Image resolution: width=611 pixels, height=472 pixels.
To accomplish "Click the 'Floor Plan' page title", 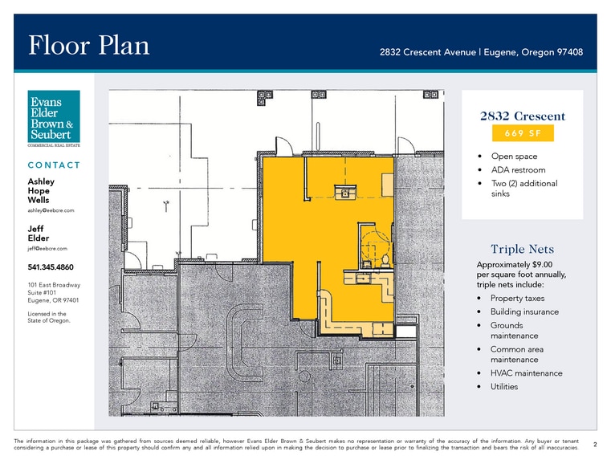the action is (89, 45).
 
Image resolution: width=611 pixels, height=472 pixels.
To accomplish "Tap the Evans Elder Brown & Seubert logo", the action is (54, 118).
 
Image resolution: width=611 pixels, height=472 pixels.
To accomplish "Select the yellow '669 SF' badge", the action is (523, 133).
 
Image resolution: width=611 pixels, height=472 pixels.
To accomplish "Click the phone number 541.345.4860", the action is (51, 267).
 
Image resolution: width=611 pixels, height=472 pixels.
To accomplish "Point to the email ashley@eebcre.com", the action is (51, 210).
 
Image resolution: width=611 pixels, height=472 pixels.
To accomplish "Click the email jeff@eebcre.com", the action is (47, 249).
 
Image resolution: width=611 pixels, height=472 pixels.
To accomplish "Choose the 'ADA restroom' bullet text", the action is (518, 170).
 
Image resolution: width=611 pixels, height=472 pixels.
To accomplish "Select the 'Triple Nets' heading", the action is (522, 249).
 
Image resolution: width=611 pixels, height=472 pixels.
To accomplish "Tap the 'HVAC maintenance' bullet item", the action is (527, 373).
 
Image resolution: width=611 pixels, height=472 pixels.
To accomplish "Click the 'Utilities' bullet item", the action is (504, 387).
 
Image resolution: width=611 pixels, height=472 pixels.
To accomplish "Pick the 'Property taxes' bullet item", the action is (518, 299).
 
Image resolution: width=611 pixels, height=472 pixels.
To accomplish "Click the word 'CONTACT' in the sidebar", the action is (54, 165).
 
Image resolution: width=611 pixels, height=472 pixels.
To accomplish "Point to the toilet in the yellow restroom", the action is (385, 261).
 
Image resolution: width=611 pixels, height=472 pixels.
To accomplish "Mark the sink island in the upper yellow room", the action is (345, 192).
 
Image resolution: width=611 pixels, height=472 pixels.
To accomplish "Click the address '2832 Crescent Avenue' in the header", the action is (428, 52).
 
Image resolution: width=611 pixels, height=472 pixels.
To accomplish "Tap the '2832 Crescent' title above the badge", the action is (523, 116).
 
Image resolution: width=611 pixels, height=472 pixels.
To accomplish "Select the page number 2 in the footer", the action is (595, 445).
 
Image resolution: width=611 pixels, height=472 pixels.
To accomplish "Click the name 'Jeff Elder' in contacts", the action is (39, 234).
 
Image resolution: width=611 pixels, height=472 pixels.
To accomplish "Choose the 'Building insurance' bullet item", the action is (524, 312).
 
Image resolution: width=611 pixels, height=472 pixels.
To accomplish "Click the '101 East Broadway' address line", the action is (54, 285).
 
